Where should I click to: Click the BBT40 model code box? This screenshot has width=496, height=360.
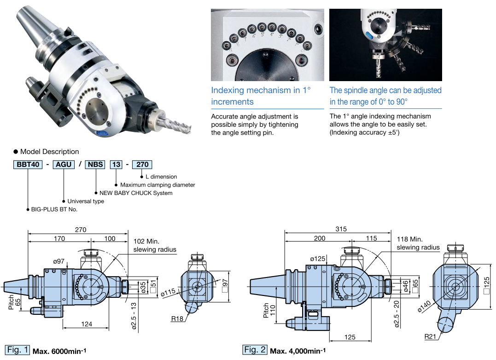click(x=28, y=164)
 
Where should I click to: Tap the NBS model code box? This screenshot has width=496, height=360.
click(x=95, y=164)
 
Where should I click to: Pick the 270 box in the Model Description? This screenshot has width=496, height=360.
click(x=142, y=164)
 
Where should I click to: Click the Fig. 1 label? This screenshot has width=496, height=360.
click(x=18, y=350)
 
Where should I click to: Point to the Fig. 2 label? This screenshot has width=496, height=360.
click(x=255, y=350)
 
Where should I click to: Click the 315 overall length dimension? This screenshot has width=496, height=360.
click(x=341, y=229)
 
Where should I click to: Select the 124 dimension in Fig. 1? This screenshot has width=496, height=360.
click(x=86, y=324)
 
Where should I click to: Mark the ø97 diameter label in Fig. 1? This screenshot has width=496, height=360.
click(x=59, y=261)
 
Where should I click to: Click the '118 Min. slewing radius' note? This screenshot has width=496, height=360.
click(x=418, y=243)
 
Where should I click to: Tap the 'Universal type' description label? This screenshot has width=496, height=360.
click(x=86, y=201)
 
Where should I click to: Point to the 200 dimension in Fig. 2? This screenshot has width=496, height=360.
click(x=319, y=238)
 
